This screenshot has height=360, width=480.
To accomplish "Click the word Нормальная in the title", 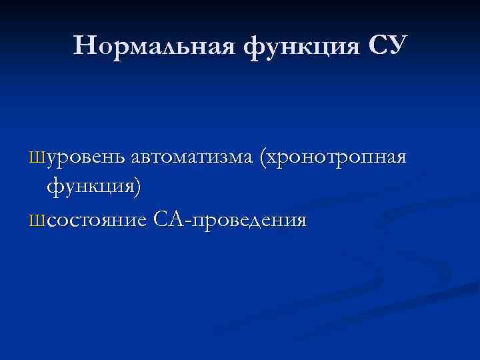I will click(x=159, y=46).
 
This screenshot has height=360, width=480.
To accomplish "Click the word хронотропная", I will click(x=337, y=159).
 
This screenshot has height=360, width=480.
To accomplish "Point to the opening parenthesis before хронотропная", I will click(x=264, y=159).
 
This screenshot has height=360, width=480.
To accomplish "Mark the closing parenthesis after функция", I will click(x=137, y=187).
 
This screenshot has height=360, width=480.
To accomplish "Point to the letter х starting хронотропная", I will click(x=274, y=160).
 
